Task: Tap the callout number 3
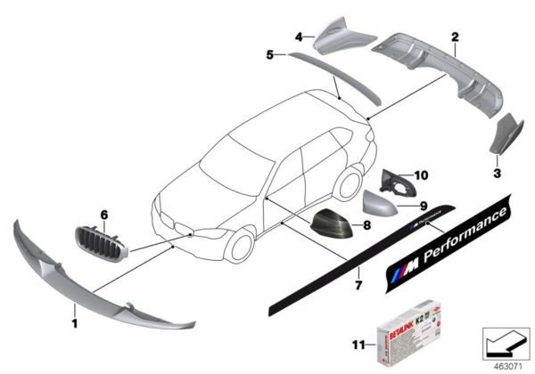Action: point(498,166)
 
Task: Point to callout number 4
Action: point(300,37)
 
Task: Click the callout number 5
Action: point(268,55)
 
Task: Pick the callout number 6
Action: point(103,215)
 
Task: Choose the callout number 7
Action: point(359,286)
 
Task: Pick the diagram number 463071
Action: point(505,364)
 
